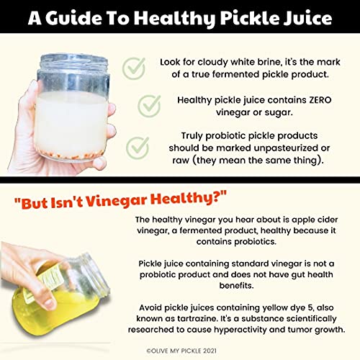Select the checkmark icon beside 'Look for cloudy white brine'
pyautogui.click(x=134, y=68)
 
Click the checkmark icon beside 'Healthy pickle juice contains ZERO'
pyautogui.click(x=149, y=106)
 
